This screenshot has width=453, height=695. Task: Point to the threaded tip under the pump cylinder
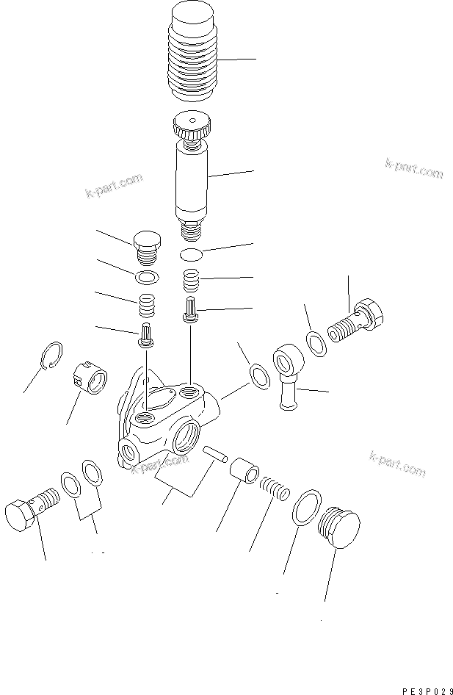192,231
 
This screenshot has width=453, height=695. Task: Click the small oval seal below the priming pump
192,254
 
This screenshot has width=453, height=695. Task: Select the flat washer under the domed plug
147,277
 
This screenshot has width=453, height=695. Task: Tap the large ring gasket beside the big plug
305,508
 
